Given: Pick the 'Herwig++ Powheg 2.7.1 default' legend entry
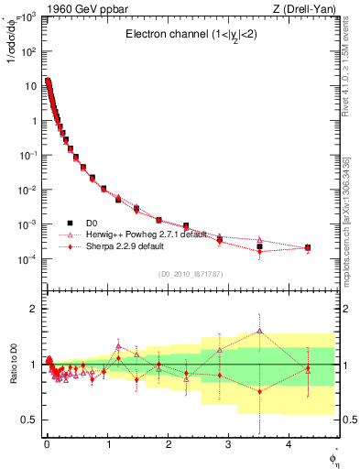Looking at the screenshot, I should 136,234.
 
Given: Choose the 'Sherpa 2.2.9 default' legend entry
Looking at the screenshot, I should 118,246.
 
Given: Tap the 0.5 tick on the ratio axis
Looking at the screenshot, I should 30,420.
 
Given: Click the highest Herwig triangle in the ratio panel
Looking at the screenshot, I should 260,331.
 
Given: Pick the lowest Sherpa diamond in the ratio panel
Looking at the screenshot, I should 260,391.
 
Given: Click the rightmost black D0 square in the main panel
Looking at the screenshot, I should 308,247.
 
